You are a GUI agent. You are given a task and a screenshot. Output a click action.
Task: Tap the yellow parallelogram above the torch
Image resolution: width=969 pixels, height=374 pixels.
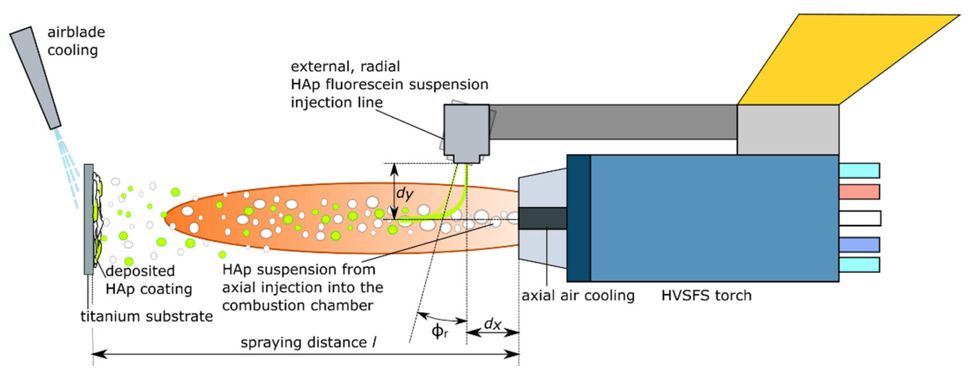click(846, 60)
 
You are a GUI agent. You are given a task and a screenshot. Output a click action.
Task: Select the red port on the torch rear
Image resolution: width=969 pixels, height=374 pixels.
click(859, 192)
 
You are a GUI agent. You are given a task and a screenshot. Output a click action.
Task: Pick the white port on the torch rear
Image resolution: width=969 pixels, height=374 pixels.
click(860, 218)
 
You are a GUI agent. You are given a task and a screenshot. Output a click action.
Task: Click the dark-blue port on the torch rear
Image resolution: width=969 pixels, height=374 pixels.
click(859, 245)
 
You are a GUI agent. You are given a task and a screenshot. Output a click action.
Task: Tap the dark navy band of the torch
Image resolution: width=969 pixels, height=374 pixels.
click(579, 218)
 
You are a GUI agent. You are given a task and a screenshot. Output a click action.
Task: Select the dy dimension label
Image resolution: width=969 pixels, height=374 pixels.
click(405, 193)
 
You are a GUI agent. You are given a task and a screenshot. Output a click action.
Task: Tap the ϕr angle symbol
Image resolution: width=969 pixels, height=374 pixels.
click(439, 331)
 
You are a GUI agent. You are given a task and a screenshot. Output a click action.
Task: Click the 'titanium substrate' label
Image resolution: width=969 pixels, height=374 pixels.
click(147, 317)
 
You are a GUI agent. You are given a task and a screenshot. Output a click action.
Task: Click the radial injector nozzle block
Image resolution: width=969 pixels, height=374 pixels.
click(467, 132)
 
